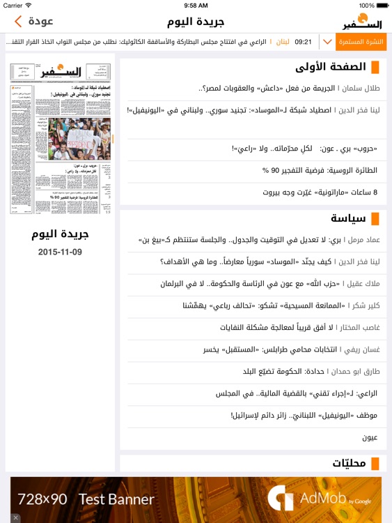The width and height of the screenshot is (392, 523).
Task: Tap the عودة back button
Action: tap(33, 21)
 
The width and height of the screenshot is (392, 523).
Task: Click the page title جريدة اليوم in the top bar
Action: tap(196, 21)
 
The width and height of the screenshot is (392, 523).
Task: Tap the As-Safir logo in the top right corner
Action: tap(363, 21)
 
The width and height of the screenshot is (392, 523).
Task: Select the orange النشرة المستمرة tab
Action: tap(361, 42)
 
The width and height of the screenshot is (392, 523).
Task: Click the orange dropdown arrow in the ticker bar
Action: tap(328, 42)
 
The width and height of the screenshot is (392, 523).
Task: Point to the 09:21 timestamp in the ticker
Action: tap(303, 42)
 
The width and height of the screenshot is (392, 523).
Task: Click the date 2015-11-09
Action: tap(60, 252)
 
